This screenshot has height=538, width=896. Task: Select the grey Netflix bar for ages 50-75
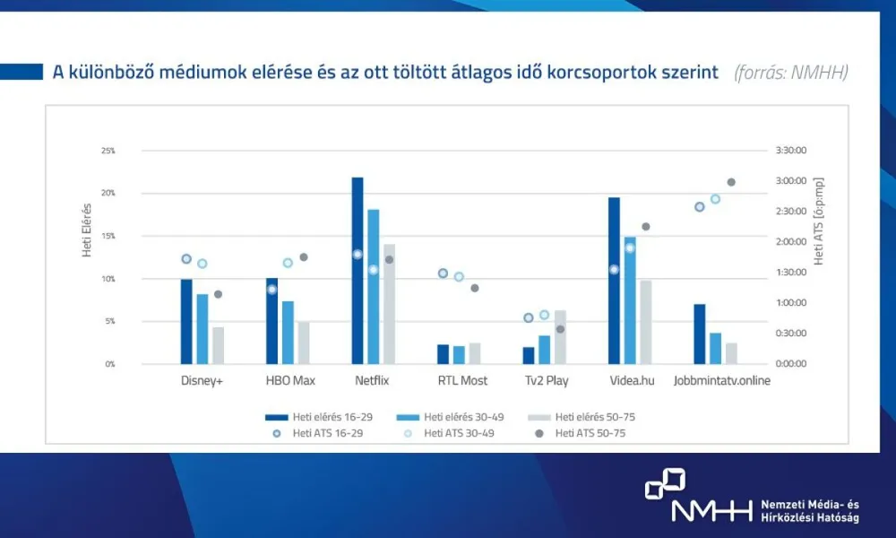(389, 304)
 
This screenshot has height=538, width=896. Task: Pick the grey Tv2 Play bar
(560, 337)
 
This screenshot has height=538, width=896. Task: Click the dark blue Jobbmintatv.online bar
(700, 334)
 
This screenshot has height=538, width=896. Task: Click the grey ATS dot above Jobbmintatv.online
(731, 182)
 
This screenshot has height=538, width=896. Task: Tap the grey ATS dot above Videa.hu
(646, 227)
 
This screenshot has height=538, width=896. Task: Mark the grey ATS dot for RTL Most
(475, 288)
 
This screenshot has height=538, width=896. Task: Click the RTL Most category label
(462, 381)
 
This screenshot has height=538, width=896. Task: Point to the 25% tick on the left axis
(108, 151)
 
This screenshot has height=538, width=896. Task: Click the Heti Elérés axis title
(88, 230)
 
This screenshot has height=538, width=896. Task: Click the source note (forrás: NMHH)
(790, 73)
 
